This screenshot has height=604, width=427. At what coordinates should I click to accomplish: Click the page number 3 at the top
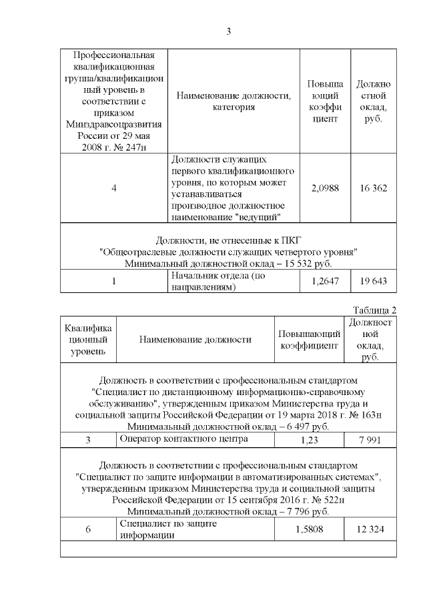[228, 31]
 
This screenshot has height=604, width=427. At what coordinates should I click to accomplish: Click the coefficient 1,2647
[325, 281]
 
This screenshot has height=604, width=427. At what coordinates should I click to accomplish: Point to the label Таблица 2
[374, 310]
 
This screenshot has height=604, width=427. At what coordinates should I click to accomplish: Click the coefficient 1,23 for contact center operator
[308, 440]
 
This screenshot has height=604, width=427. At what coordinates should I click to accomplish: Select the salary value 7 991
[370, 440]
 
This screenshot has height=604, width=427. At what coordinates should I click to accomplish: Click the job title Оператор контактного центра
[174, 439]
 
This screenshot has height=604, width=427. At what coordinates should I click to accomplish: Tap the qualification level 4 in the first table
[114, 188]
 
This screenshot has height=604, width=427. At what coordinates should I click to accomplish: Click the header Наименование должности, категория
[233, 101]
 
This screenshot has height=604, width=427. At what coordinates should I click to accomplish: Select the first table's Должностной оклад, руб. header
[373, 101]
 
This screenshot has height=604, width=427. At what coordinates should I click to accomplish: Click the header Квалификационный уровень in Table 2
[88, 339]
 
